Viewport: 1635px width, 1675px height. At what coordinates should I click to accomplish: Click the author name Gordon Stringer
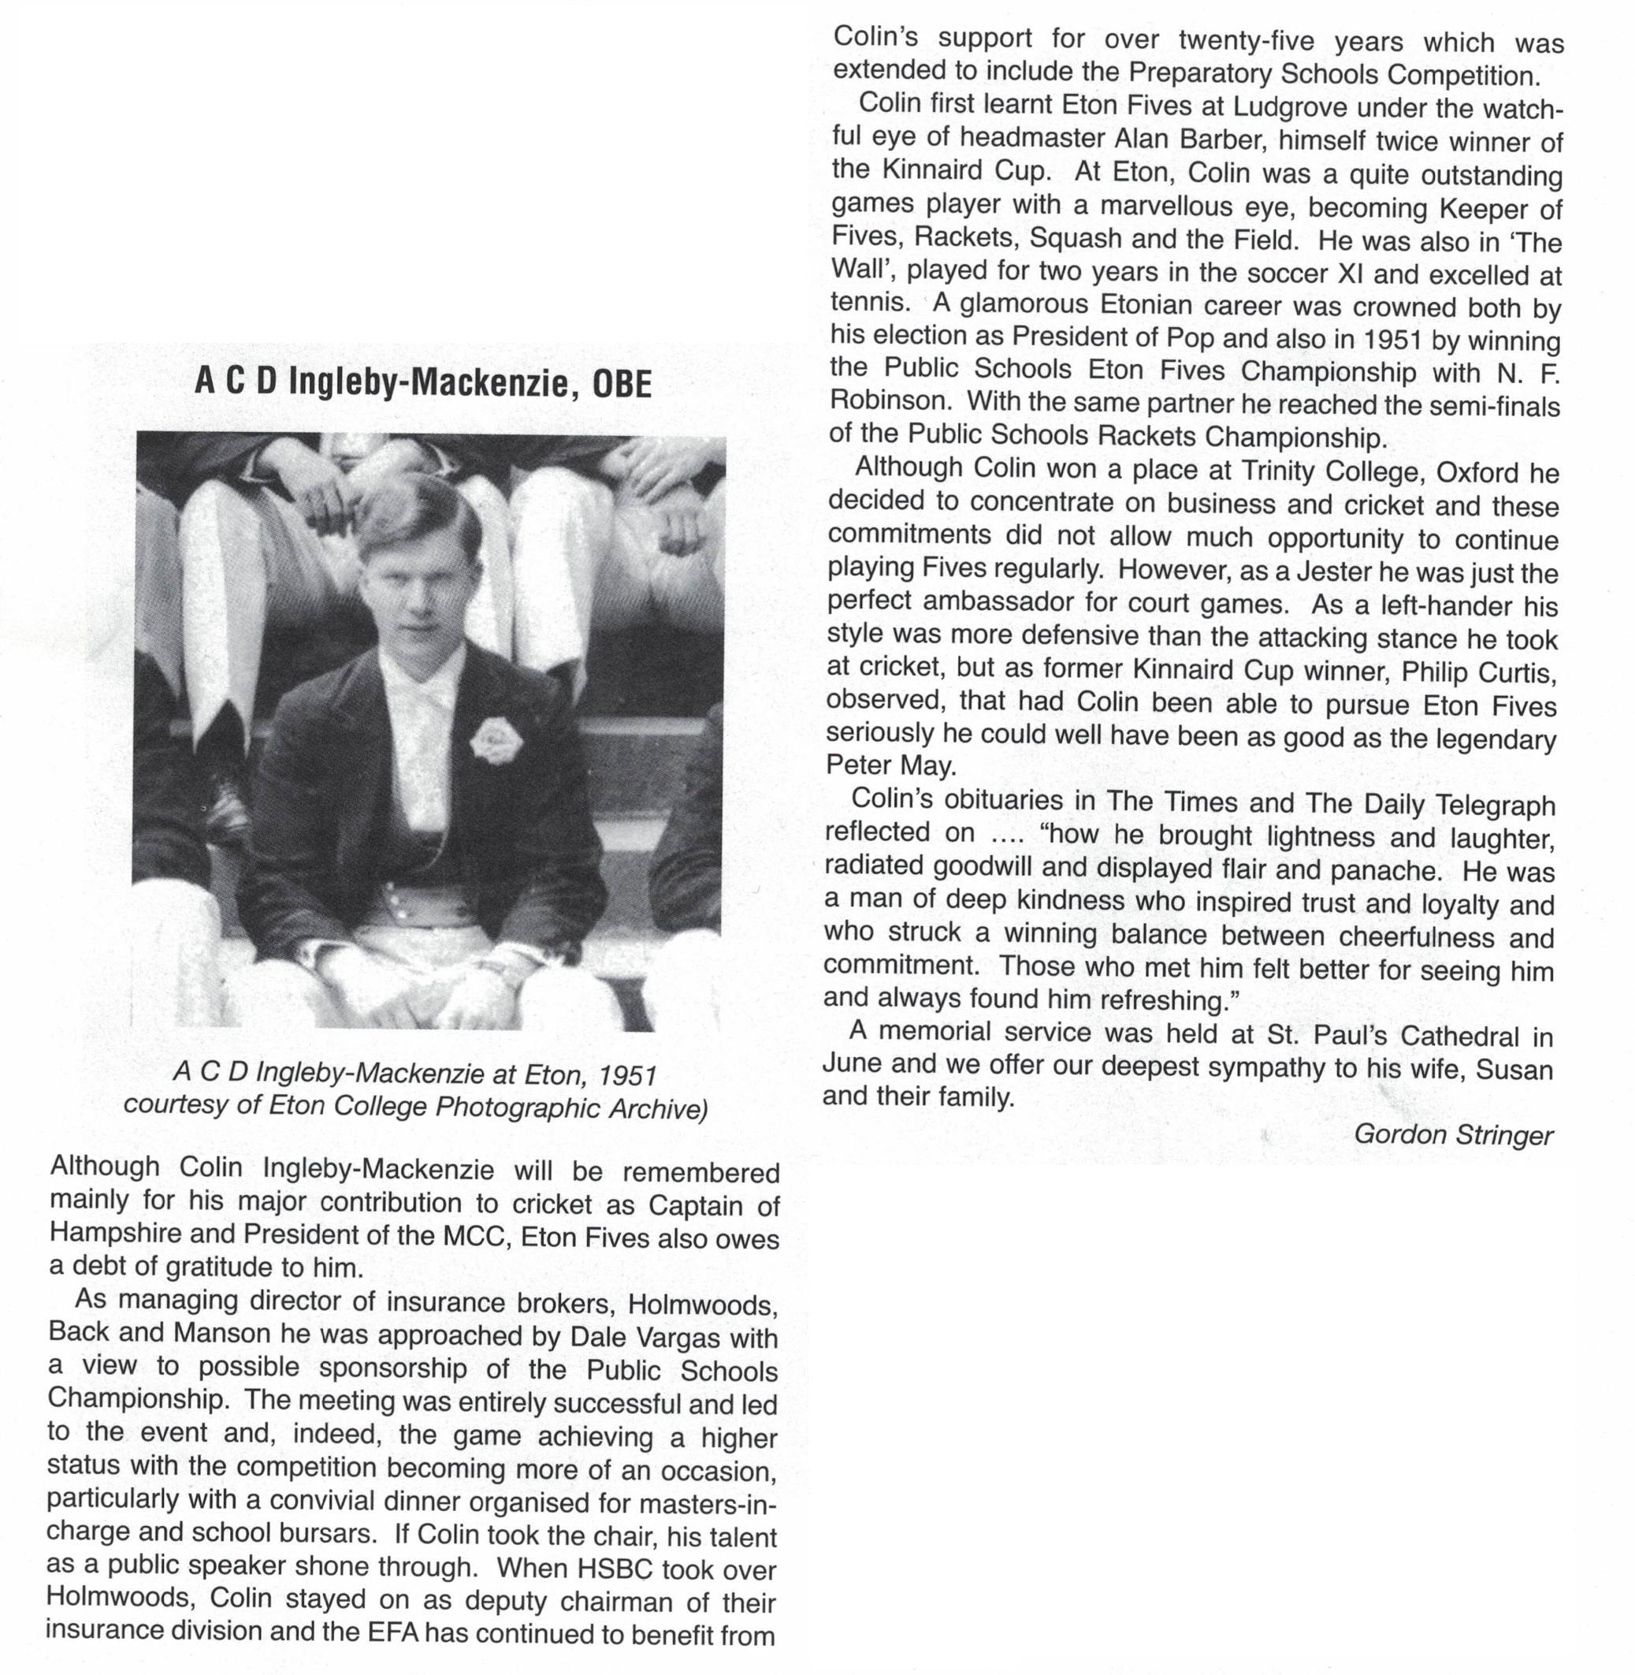(x=1453, y=1135)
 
